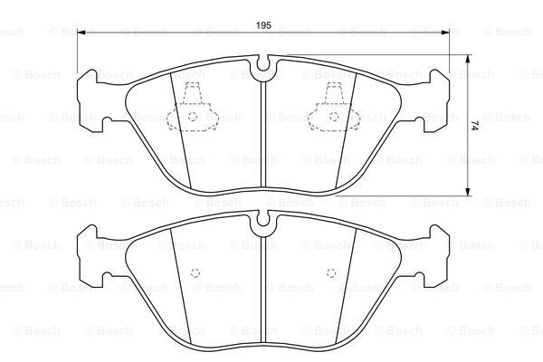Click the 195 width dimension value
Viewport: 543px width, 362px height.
pyautogui.click(x=263, y=25)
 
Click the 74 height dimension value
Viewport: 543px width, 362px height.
pyautogui.click(x=474, y=126)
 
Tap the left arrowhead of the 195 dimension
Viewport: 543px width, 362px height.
pyautogui.click(x=81, y=33)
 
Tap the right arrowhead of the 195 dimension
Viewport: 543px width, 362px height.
pyautogui.click(x=445, y=33)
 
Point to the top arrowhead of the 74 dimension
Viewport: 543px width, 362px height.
pyautogui.click(x=468, y=59)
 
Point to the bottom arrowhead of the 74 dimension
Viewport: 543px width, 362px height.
pyautogui.click(x=468, y=192)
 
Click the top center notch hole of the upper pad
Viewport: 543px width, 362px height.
pyautogui.click(x=263, y=64)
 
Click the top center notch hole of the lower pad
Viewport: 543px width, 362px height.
pyautogui.click(x=263, y=219)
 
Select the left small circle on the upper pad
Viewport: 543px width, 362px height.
pyautogui.click(x=193, y=117)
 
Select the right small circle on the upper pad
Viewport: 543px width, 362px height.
pyautogui.click(x=334, y=117)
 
